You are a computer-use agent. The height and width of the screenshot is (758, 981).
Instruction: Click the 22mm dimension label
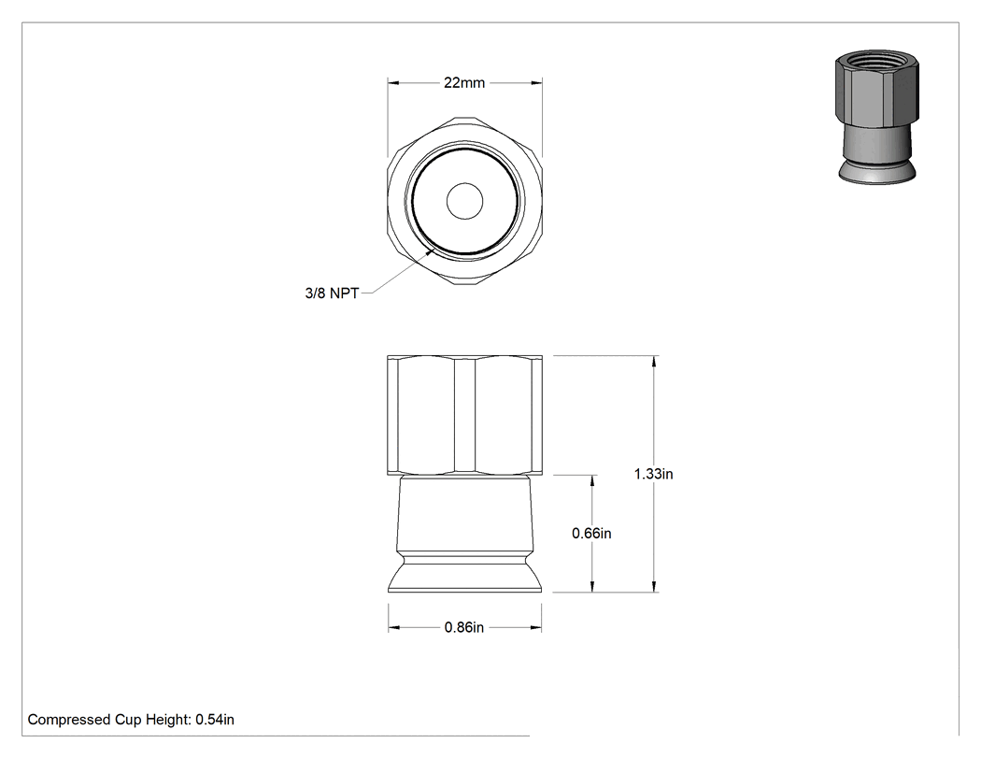(464, 82)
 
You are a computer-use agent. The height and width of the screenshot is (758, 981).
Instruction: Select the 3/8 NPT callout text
(332, 293)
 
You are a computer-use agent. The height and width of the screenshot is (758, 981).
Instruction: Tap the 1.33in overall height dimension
(654, 474)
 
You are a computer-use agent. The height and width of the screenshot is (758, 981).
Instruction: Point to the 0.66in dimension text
(591, 534)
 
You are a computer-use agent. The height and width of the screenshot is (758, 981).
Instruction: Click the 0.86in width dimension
(464, 627)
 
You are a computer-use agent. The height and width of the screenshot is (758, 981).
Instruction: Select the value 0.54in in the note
(215, 720)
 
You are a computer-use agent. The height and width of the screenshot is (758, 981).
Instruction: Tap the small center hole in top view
(464, 201)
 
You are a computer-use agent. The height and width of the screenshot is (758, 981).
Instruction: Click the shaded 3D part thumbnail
(877, 117)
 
